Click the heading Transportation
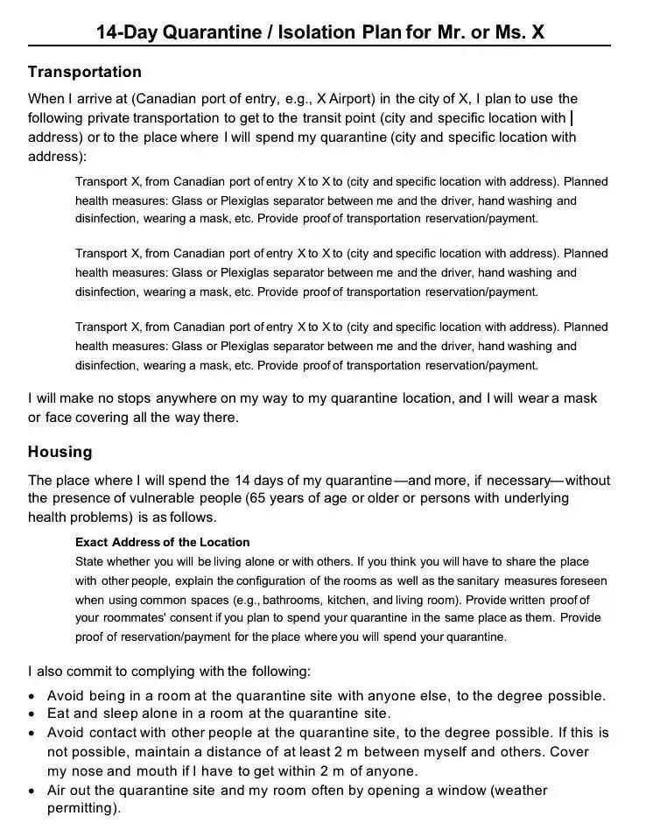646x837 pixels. (x=84, y=72)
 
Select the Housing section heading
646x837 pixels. (x=60, y=452)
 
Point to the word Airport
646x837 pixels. (x=345, y=99)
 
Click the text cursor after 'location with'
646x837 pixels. (x=572, y=117)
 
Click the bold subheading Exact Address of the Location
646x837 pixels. (x=162, y=542)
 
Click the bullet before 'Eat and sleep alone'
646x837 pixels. (x=32, y=714)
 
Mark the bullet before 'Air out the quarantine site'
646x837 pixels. (x=32, y=791)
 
